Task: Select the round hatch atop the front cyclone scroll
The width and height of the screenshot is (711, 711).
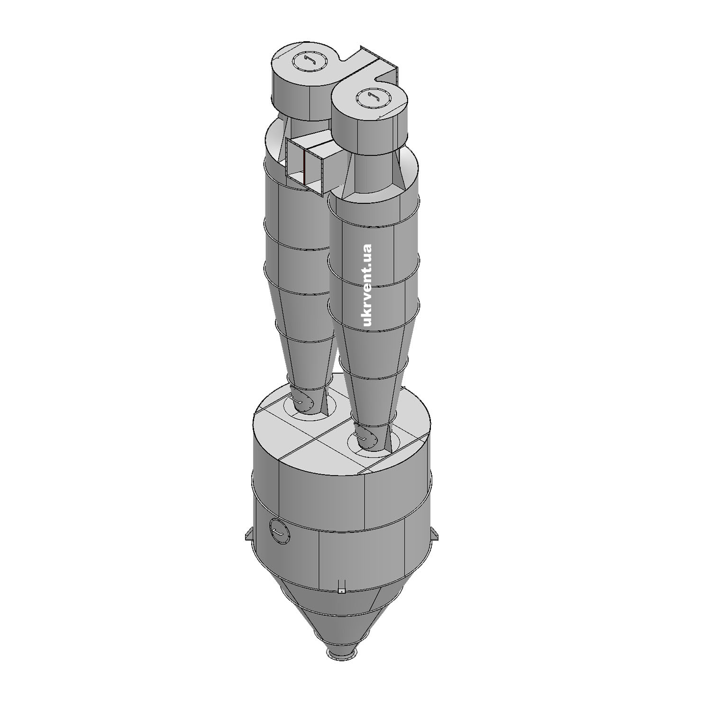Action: pyautogui.click(x=372, y=98)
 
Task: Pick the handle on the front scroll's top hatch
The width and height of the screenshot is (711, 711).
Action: pyautogui.click(x=372, y=98)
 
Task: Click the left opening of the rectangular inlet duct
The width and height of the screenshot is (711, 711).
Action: pyautogui.click(x=295, y=162)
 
